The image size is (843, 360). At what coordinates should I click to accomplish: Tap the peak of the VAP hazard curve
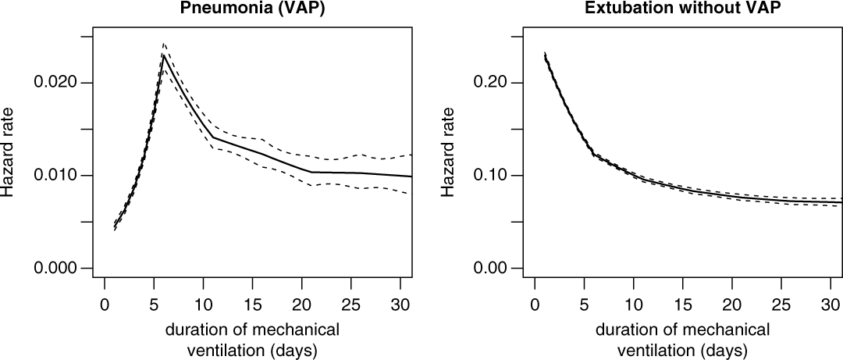(x=164, y=54)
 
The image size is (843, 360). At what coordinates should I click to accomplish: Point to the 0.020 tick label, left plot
(x=59, y=83)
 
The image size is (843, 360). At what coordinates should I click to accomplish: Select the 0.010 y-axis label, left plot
(x=59, y=175)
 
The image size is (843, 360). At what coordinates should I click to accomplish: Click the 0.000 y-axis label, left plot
(x=59, y=268)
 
